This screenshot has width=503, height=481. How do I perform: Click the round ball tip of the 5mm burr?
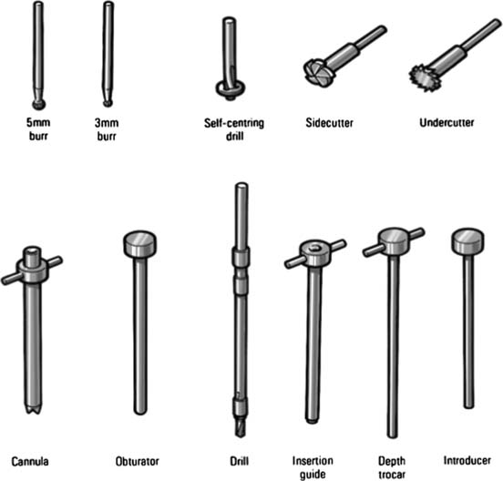pos(39,104)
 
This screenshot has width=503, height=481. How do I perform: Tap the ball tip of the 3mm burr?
pos(108,103)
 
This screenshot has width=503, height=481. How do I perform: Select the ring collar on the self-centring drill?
pos(230,87)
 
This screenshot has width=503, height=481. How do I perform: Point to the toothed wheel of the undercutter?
pos(422,77)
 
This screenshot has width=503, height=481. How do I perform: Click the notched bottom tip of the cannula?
pos(33,408)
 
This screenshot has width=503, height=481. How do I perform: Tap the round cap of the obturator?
pos(139,244)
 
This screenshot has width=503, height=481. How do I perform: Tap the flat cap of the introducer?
pos(467,241)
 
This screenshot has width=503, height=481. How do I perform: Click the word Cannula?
pos(30,462)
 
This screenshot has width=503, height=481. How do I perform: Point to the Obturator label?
pos(138,462)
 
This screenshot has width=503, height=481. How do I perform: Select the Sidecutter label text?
pos(330,123)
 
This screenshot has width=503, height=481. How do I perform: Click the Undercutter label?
pos(447,122)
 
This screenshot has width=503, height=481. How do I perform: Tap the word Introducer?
pos(467,460)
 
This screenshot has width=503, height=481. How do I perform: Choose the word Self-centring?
pos(234,124)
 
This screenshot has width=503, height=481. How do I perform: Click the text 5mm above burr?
pos(38,122)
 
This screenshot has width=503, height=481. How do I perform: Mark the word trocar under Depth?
pos(392,475)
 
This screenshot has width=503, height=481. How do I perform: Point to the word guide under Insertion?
pos(313,475)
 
